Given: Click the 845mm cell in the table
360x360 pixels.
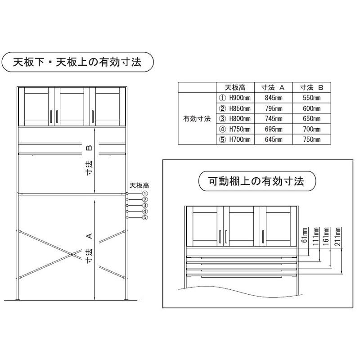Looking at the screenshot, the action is point(274,98).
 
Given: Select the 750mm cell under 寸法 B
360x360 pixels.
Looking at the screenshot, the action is point(311,139).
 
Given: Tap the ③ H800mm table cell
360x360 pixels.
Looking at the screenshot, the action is point(234,118).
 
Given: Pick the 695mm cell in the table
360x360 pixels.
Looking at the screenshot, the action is point(274,129).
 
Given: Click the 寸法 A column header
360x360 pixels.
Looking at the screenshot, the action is point(273,87).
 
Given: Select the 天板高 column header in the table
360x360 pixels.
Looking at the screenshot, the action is point(235,87).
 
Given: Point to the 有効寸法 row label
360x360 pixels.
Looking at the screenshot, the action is point(197,119).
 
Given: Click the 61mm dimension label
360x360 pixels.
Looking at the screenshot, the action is point(305,235).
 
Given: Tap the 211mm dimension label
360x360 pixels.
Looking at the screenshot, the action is point(337,237).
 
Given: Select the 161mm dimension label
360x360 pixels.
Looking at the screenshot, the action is point(326,237).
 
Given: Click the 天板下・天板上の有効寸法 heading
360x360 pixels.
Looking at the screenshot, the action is point(77,62).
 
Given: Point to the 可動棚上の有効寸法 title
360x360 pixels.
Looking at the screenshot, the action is point(256,181).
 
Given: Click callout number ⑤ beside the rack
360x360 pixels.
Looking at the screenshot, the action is point(145,217).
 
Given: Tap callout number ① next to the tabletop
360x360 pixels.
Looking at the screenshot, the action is point(145,193).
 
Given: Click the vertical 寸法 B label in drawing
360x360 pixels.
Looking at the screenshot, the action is point(89,160).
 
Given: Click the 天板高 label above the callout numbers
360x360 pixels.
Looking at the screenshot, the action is point(139,185).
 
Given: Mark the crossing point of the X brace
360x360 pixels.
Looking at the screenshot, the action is point(72,254).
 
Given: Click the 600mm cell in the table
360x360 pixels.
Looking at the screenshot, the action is point(311,108).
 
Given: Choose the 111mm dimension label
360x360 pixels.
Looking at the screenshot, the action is point(316,237).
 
